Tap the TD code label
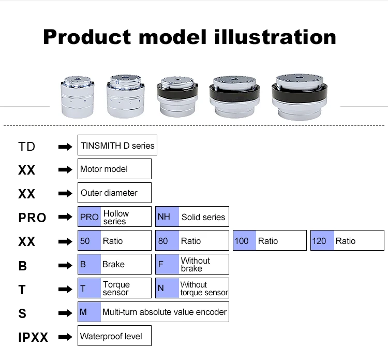[x=26, y=146]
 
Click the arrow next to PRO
[x=65, y=218]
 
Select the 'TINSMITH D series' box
[x=117, y=146]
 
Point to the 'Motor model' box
[x=114, y=169]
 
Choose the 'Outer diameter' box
[x=114, y=193]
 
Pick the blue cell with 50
[x=89, y=241]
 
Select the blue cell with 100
[x=244, y=241]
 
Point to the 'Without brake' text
[x=196, y=265]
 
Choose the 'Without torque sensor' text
[x=204, y=289]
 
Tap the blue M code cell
[x=89, y=312]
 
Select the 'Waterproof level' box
[x=114, y=336]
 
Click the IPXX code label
[x=33, y=337]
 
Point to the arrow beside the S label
[x=65, y=313]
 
